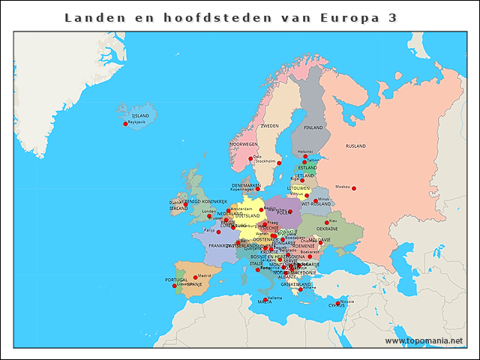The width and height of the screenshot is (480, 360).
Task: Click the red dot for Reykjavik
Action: pos(125,124)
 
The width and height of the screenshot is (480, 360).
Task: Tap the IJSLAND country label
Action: pos(140,115)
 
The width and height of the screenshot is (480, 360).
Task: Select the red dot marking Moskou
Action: pos(354,188)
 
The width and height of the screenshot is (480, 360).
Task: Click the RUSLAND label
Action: pos(355,145)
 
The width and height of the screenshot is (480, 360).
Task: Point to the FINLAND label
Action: pos(313,127)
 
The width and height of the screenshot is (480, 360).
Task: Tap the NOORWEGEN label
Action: pos(244,144)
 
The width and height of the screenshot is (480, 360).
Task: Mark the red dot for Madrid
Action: pos(195,277)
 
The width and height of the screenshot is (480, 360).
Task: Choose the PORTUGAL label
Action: pos(175,280)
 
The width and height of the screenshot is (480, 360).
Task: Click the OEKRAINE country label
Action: pos(327,229)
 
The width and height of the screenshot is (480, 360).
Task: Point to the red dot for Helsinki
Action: pos(305,157)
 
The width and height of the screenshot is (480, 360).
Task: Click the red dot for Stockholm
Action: pos(279,163)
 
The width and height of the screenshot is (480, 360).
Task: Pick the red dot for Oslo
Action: pos(250,158)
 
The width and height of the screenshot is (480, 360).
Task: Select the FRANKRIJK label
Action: pos(223,245)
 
